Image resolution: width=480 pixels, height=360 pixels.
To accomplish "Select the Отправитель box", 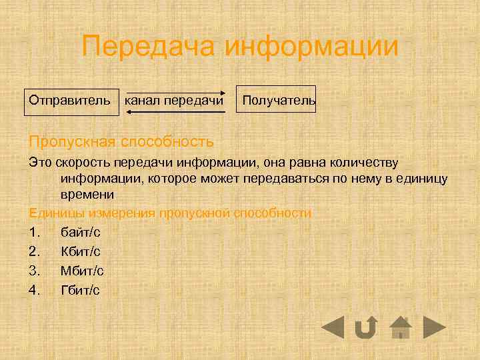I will pyautogui.click(x=69, y=101).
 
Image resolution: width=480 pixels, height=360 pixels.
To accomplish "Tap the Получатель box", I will pyautogui.click(x=278, y=101).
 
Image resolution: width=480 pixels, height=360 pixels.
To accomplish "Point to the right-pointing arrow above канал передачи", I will pyautogui.click(x=175, y=91).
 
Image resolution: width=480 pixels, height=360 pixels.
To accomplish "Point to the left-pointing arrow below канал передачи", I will pyautogui.click(x=175, y=112).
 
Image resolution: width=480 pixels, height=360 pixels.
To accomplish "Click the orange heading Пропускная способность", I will pyautogui.click(x=121, y=142).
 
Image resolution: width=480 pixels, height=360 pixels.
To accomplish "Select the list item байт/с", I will pyautogui.click(x=81, y=233).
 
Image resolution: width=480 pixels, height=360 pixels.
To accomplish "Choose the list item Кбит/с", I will pyautogui.click(x=81, y=252).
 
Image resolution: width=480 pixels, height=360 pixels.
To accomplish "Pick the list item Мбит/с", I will pyautogui.click(x=82, y=271).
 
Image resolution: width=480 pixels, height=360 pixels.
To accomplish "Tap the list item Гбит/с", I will pyautogui.click(x=80, y=290).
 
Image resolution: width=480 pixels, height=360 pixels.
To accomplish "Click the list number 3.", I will pyautogui.click(x=36, y=271).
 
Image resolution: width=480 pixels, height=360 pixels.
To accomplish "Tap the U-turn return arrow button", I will pyautogui.click(x=365, y=327).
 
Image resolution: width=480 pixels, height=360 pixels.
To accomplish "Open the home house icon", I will pyautogui.click(x=400, y=327).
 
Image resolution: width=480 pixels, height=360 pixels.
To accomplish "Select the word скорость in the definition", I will pyautogui.click(x=80, y=163).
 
